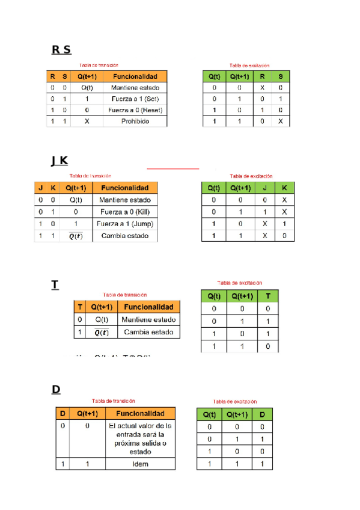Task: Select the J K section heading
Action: tap(59, 161)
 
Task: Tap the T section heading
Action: tap(55, 284)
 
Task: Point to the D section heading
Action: tap(56, 389)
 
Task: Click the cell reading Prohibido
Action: tap(135, 121)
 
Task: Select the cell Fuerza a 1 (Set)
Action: tap(135, 99)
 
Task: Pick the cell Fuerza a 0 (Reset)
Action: tap(135, 110)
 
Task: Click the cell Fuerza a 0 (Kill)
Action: tap(125, 212)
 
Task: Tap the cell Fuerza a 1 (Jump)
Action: tap(125, 224)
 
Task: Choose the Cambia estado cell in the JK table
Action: tap(125, 236)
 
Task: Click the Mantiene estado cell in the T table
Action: tap(148, 320)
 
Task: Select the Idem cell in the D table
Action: tap(140, 464)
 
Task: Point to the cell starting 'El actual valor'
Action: tap(140, 438)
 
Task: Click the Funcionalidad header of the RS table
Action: tap(135, 76)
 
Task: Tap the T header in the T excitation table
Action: tap(268, 296)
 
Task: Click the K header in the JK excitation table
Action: tap(284, 188)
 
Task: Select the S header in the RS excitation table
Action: tap(280, 76)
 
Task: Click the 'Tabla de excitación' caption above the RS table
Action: tap(249, 65)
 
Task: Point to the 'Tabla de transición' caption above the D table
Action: tap(113, 401)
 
